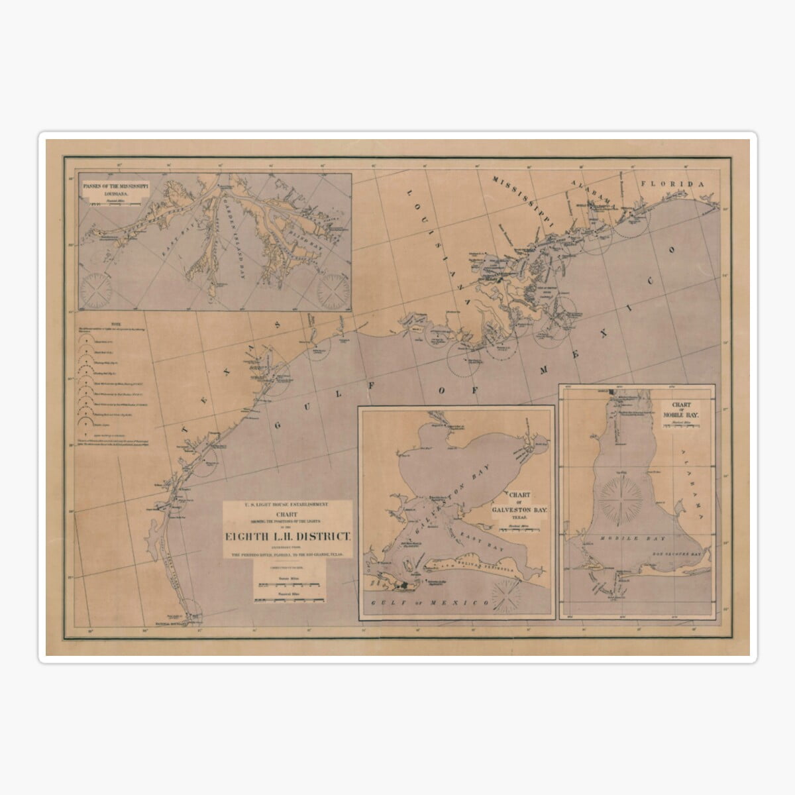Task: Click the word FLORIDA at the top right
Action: tap(672, 185)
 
